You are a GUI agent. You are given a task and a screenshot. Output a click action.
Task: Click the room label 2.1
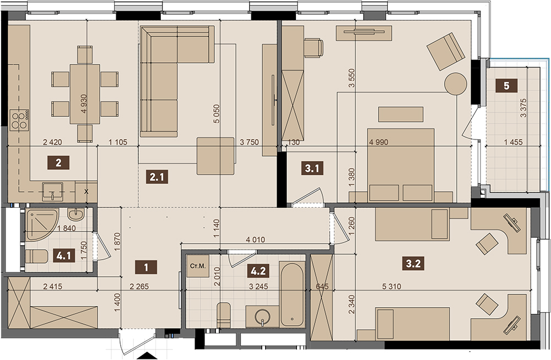156,177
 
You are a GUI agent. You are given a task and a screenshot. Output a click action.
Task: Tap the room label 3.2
413,264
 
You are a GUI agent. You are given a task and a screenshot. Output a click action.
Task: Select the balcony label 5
506,85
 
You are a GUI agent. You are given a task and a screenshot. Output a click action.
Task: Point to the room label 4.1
63,256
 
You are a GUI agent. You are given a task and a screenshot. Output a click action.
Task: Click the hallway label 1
146,267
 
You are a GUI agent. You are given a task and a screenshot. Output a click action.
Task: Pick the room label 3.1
312,168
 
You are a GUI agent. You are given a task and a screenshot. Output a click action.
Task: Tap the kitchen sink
52,192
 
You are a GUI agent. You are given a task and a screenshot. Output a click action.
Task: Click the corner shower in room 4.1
41,224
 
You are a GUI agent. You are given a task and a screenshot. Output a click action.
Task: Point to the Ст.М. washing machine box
197,266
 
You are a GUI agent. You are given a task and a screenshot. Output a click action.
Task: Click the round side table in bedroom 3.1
456,84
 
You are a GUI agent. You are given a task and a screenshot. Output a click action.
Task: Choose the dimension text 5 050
217,114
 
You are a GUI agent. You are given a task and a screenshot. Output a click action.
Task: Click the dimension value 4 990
379,142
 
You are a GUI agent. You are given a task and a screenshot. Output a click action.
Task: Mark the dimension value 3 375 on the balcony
523,108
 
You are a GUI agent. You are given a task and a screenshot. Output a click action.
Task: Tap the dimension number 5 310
391,287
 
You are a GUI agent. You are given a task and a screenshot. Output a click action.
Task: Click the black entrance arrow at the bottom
147,356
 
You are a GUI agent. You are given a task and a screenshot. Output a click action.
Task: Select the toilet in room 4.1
36,256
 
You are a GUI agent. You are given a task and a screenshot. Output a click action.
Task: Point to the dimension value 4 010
256,240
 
